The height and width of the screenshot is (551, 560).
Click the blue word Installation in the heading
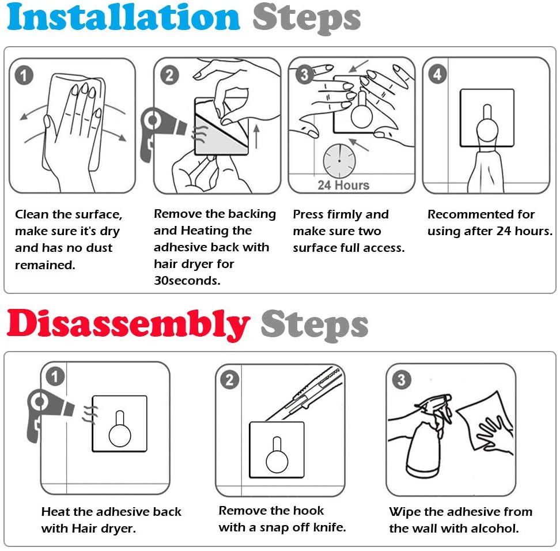pos(123,17)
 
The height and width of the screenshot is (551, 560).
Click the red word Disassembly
pos(128,324)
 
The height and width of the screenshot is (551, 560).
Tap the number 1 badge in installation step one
pos(24,75)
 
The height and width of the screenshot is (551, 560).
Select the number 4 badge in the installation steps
pos(437,74)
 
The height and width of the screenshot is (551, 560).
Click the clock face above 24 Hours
pos(339,161)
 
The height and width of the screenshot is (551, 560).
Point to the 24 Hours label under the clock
pos(343,185)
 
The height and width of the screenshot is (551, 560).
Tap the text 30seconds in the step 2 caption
pos(187,281)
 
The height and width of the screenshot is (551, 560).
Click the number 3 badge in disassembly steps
pos(402,379)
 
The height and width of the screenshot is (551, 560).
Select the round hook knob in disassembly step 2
pos(277,461)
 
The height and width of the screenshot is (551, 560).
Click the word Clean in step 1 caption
pos(32,214)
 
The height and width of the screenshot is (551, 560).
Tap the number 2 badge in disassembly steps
pos(230,379)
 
